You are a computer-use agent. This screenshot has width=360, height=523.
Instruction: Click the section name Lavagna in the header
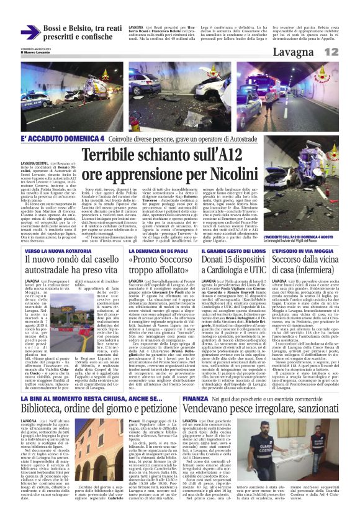coord(309,52)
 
